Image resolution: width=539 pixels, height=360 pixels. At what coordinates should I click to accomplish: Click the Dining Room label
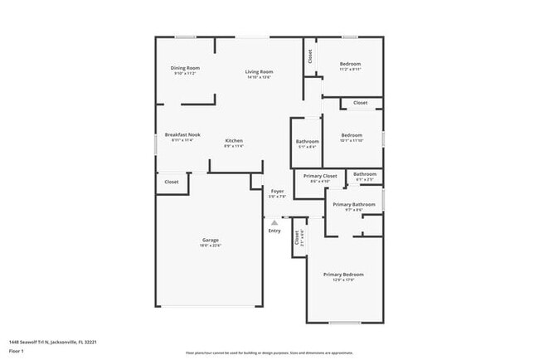186,68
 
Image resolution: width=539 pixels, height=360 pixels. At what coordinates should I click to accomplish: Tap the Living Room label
259,72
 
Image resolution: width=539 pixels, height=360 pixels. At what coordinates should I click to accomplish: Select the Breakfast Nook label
182,135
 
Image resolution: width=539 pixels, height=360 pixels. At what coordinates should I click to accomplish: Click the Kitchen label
234,141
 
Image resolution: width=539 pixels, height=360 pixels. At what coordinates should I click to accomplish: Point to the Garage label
210,241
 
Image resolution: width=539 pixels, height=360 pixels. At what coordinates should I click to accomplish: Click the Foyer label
277,192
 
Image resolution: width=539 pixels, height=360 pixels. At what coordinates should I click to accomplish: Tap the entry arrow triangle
274,221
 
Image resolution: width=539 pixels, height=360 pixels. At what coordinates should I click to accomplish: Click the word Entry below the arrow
274,231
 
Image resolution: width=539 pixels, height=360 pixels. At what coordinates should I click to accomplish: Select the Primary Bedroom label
343,275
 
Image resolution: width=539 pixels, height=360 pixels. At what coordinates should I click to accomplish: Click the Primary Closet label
320,176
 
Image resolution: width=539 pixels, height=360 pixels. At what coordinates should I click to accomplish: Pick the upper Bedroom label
351,64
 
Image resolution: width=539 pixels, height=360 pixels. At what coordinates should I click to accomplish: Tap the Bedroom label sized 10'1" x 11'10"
352,135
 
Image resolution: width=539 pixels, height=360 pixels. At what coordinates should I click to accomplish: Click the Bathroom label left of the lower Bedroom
307,142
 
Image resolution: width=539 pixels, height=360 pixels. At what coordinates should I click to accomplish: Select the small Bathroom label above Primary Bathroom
365,174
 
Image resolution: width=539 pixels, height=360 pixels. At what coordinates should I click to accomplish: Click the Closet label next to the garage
172,182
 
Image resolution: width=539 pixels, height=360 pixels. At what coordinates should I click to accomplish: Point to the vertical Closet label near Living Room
310,56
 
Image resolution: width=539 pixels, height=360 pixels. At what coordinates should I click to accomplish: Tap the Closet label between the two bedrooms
360,103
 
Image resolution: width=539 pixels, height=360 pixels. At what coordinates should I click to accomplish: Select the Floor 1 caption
16,351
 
